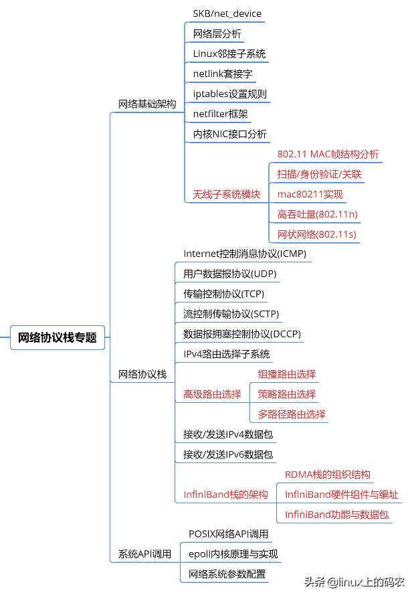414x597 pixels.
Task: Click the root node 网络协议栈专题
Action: click(x=58, y=337)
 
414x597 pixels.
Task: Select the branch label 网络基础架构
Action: click(x=147, y=104)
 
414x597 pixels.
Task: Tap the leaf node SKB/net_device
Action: click(x=227, y=13)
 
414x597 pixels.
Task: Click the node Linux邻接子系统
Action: click(x=229, y=54)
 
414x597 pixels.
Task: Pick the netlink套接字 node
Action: click(x=222, y=74)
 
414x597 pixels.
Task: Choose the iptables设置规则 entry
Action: click(x=229, y=94)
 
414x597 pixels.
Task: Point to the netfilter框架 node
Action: click(x=220, y=114)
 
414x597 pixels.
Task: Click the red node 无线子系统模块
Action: click(x=226, y=194)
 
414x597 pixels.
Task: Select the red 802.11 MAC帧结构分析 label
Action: click(x=328, y=154)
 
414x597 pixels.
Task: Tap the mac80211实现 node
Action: click(x=310, y=194)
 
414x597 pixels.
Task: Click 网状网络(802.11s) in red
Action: click(x=316, y=234)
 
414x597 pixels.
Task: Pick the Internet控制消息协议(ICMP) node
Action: click(x=245, y=254)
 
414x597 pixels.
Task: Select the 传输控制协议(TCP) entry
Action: click(x=223, y=294)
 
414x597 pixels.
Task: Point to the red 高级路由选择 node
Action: click(x=212, y=394)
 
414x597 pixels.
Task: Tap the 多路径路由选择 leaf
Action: click(x=292, y=414)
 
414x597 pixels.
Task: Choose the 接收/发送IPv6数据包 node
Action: click(x=228, y=454)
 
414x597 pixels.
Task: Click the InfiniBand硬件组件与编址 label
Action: click(x=341, y=495)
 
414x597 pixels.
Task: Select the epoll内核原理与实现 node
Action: click(x=233, y=553)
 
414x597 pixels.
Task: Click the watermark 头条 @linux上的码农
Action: click(x=354, y=582)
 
